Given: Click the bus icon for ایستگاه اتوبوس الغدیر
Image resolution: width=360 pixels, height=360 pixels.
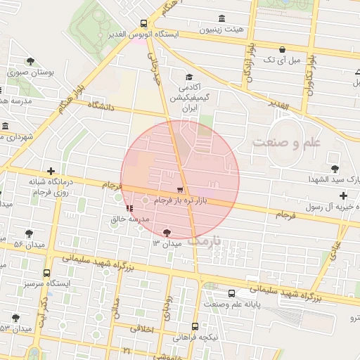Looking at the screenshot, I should coord(144,23).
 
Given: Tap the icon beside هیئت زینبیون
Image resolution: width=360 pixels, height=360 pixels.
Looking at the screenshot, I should coord(222,18).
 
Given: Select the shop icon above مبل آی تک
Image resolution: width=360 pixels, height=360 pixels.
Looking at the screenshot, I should coord(282,49).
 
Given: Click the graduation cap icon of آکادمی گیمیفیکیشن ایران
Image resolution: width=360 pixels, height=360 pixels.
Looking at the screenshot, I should coord(188,77).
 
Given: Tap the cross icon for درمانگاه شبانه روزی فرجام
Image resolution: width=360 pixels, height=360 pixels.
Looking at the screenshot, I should coord(51,171).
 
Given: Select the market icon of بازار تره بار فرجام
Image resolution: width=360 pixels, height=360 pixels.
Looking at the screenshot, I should coord(181,190).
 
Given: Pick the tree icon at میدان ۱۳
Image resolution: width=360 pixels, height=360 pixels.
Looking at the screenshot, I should coord(167,233).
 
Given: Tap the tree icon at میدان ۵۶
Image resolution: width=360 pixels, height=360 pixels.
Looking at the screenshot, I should coord(29,233).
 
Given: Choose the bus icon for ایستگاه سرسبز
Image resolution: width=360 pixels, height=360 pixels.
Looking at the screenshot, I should coord(47,273).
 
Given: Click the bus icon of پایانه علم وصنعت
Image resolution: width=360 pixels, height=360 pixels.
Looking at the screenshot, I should coord(231,293).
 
